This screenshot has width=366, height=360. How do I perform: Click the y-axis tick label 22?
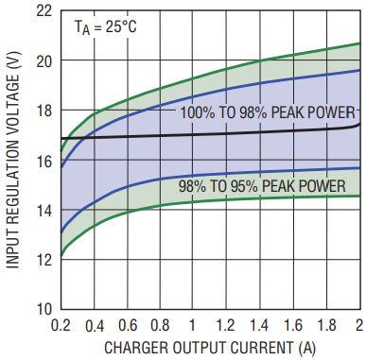pyautogui.click(x=44, y=11)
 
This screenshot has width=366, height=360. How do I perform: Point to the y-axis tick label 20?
pyautogui.click(x=44, y=61)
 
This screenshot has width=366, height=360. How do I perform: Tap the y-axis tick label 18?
pyautogui.click(x=44, y=111)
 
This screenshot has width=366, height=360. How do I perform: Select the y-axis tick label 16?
pyautogui.click(x=44, y=162)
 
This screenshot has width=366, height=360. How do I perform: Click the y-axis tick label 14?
pyautogui.click(x=44, y=211)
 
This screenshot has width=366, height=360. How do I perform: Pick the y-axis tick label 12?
pyautogui.click(x=44, y=260)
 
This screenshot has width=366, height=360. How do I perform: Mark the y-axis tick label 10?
pyautogui.click(x=44, y=309)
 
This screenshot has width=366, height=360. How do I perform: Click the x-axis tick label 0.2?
pyautogui.click(x=61, y=326)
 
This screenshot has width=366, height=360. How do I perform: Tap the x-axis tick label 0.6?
pyautogui.click(x=128, y=326)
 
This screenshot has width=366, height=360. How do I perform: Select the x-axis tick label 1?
pyautogui.click(x=192, y=326)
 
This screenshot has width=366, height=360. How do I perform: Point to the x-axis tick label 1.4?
pyautogui.click(x=259, y=326)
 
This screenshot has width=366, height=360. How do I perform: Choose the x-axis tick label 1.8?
pyautogui.click(x=326, y=326)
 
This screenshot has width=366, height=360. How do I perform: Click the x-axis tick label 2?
pyautogui.click(x=359, y=326)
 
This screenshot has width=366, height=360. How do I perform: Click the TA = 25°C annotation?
pyautogui.click(x=105, y=27)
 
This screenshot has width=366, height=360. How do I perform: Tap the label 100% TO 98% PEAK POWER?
pyautogui.click(x=268, y=112)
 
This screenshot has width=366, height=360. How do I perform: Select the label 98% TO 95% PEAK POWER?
pyautogui.click(x=262, y=186)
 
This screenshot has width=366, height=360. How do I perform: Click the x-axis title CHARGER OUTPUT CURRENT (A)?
pyautogui.click(x=210, y=348)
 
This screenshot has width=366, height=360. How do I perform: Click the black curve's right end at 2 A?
pyautogui.click(x=360, y=124)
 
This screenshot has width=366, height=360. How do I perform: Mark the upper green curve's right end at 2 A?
pyautogui.click(x=360, y=43)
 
